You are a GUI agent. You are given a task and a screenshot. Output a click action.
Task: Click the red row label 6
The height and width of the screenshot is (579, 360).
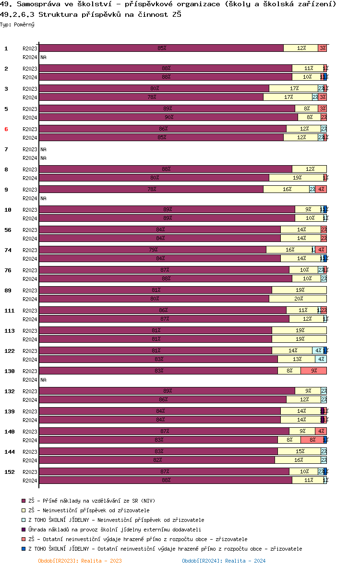tap(6, 129)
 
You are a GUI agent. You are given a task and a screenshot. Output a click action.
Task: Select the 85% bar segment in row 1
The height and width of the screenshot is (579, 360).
tap(161, 48)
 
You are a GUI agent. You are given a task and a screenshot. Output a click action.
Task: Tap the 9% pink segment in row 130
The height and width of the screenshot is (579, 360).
tap(313, 371)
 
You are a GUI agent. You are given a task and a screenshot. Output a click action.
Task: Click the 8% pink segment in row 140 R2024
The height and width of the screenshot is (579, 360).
tap(312, 440)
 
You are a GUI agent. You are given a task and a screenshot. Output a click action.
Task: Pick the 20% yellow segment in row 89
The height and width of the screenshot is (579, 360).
tap(298, 299)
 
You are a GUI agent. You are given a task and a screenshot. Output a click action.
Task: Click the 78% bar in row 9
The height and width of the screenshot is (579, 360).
tap(151, 189)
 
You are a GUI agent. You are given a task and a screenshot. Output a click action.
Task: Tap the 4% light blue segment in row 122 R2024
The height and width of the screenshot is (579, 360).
tap(321, 359)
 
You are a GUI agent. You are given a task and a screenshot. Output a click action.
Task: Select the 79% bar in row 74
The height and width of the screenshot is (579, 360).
tap(153, 250)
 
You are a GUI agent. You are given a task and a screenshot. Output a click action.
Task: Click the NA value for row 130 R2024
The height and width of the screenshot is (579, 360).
tap(43, 379)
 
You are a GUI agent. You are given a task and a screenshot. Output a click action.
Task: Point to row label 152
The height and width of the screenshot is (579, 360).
tap(9, 472)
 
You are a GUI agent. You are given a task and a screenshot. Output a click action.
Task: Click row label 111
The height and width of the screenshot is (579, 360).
tap(9, 311)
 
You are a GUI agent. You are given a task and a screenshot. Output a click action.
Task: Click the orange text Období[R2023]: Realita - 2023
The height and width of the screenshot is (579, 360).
tap(80, 561)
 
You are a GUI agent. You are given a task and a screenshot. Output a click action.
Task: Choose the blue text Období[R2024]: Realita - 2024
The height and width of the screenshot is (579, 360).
tap(224, 561)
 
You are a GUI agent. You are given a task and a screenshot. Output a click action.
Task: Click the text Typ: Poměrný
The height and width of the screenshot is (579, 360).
tap(17, 24)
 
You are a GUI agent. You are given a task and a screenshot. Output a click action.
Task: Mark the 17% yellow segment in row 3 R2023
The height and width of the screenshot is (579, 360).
tap(293, 88)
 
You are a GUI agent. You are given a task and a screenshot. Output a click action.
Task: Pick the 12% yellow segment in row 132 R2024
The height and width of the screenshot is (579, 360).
tap(303, 399)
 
